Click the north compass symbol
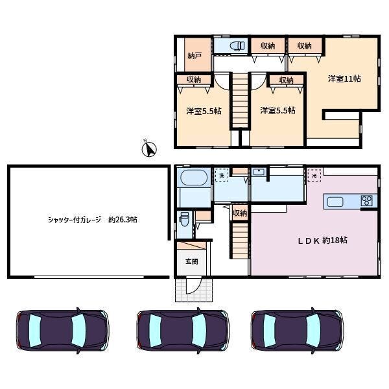pos(149,148)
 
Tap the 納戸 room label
pos(194,56)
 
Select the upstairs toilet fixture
pos(237,45)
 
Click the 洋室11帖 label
pos(344,78)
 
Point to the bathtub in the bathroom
pos(194,178)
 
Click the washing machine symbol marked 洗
pos(222,175)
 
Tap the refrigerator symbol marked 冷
pos(314,175)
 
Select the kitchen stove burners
pos(367,201)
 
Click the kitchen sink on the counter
pos(335,202)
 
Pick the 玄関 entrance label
pos(192,261)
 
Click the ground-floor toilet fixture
pos(184,219)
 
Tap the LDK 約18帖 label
pos(322,240)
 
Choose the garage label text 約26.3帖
pos(123,220)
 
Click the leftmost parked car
pos(62,331)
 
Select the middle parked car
pos(183,331)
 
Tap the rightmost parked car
pos(297,331)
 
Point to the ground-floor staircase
pos(240,241)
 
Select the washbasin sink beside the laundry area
pos(259,172)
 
